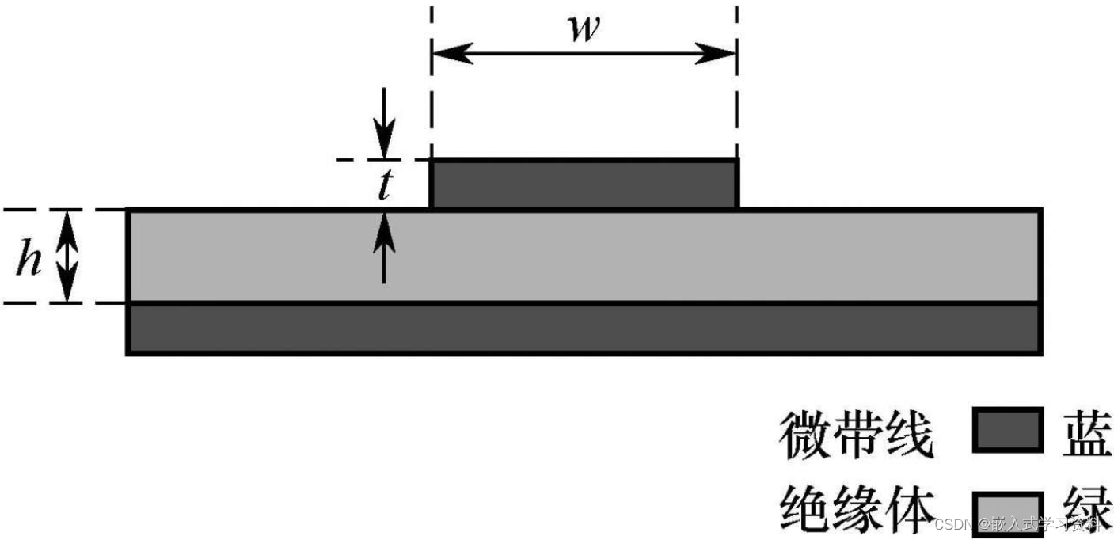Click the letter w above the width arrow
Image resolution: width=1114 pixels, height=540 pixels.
coord(584,29)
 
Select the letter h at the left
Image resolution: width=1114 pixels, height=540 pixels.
coord(30,259)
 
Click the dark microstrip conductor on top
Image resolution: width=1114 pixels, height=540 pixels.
coord(584,184)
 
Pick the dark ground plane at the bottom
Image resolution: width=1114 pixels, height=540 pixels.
coord(584,329)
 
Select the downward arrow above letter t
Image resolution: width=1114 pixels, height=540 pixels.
coord(385,127)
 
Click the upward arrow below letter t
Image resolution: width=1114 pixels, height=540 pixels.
coord(385,245)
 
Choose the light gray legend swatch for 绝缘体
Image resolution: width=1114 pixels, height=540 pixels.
coord(1006,507)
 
